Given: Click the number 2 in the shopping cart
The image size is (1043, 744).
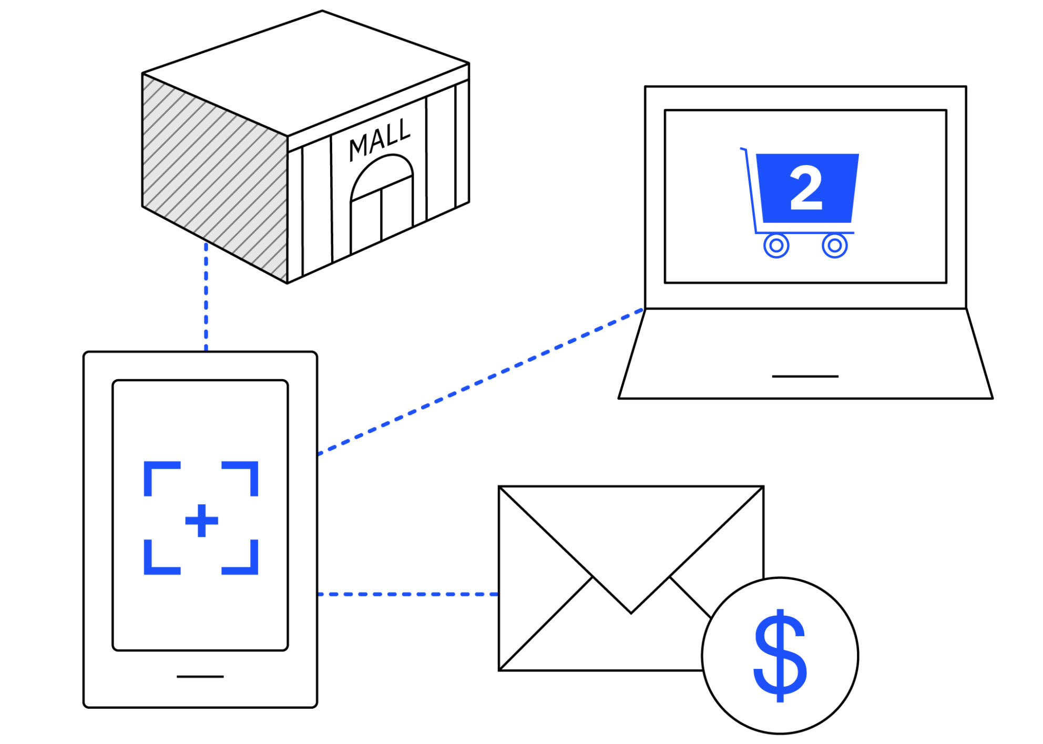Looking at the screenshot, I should point(806,188).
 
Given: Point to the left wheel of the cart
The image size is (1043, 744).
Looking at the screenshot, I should point(776,245).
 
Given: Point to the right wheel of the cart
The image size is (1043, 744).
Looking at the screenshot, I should point(834,245).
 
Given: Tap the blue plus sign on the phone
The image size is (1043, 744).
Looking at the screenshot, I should point(201,521).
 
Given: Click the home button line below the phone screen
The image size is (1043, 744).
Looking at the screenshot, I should point(200,676).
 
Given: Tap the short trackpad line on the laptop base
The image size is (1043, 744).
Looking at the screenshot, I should point(805,376).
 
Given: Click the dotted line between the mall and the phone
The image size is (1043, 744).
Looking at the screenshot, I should point(206,297).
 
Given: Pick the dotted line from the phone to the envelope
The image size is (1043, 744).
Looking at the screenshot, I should point(407,594).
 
